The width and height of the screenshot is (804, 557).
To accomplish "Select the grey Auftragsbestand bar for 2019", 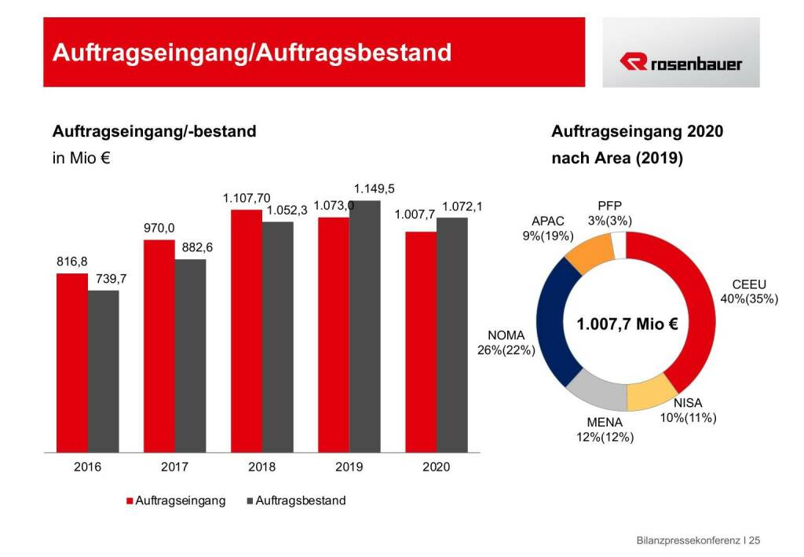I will [364, 326].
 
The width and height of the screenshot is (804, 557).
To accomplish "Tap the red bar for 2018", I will [246, 331].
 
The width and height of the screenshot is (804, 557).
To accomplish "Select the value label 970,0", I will [158, 229].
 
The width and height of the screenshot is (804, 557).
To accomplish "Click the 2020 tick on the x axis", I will [436, 467].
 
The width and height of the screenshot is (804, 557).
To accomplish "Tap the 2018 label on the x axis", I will [261, 467].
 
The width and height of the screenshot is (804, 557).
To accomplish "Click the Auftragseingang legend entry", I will [180, 500].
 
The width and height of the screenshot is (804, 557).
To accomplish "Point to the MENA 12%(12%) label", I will [605, 430].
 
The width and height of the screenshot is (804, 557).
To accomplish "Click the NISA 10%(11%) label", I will [688, 411].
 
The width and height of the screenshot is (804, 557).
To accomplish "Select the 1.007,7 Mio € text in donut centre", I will [627, 324].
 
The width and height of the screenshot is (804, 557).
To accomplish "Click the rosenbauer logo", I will [681, 62].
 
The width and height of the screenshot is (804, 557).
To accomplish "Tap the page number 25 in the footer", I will [755, 541].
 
